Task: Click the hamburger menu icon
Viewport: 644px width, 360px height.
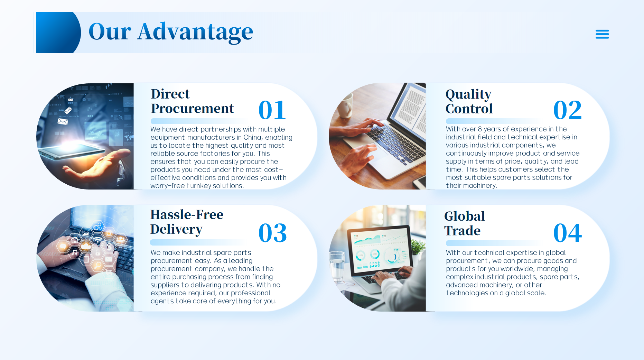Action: click(602, 34)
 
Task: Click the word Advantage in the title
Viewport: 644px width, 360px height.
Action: click(195, 32)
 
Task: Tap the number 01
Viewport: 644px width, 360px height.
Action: click(272, 110)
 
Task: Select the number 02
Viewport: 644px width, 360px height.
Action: click(567, 110)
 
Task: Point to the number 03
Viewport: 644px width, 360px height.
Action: click(273, 233)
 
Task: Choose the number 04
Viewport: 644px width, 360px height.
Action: click(568, 233)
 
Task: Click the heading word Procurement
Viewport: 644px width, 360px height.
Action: click(192, 109)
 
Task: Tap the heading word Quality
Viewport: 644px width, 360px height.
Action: click(468, 94)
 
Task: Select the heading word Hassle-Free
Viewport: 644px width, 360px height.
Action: click(187, 215)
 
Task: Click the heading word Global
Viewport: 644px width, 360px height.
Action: click(465, 216)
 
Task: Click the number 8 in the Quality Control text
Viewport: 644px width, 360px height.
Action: click(480, 129)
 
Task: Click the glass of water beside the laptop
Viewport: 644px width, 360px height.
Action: click(337, 266)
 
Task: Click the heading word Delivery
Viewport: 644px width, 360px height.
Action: click(176, 230)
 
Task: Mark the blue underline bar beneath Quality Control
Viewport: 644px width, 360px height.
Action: click(494, 121)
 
